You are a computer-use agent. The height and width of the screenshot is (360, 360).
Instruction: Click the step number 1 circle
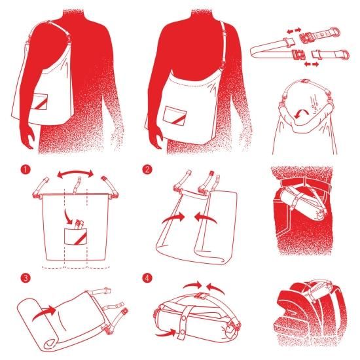click(x=26, y=170)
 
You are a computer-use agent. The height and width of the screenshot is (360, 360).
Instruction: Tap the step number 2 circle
click(x=147, y=170)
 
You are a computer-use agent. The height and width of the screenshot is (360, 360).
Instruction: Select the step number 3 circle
click(x=26, y=278)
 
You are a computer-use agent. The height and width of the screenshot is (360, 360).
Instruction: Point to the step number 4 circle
click(x=147, y=278)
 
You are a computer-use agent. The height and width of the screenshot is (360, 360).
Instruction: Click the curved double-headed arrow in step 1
click(x=75, y=171)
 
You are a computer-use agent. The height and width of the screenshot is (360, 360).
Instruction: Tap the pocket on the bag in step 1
click(x=75, y=236)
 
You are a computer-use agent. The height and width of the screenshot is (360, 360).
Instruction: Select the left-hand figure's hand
click(x=27, y=137)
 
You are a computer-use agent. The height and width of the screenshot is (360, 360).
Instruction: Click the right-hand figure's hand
click(x=156, y=137)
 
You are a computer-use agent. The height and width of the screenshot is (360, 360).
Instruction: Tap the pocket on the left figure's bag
click(x=41, y=101)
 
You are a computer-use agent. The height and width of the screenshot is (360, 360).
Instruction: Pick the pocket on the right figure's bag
click(x=175, y=116)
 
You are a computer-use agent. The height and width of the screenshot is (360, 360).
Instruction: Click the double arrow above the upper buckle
click(x=294, y=31)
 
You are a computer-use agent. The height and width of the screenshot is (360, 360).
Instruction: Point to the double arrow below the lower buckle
click(x=312, y=64)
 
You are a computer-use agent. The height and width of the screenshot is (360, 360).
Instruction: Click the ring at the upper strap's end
click(x=335, y=31)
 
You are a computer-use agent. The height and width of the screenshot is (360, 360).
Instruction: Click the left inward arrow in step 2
click(x=173, y=218)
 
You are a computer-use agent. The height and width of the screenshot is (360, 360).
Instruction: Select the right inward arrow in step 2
click(x=206, y=218)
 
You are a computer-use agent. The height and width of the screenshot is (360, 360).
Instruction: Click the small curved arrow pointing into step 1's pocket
click(x=69, y=217)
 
